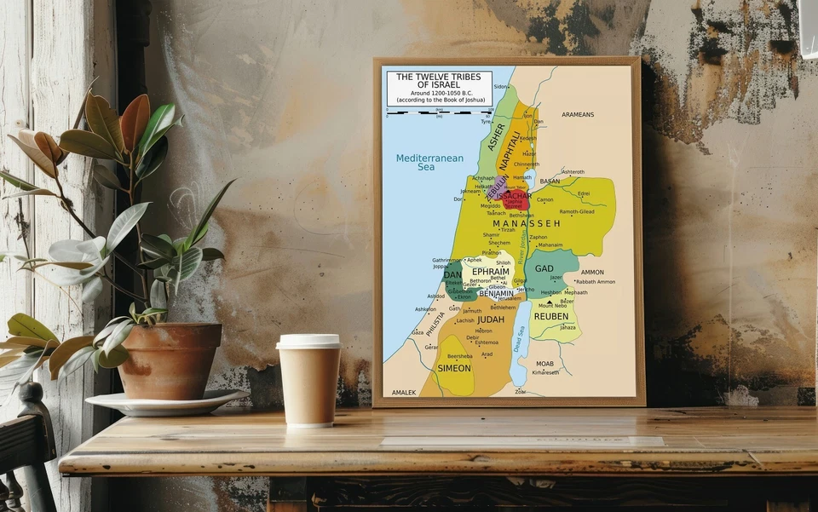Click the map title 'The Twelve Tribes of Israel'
439,81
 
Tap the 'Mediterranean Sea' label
429,163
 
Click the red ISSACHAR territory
516,200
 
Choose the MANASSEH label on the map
527,223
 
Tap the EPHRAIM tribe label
491,272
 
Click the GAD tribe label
544,269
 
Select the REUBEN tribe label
550,317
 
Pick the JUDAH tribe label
490,319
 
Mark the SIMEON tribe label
453,369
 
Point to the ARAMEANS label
578,114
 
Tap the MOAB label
544,364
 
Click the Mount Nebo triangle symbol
549,301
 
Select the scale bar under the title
439,112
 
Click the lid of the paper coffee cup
308,341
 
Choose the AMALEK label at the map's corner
403,393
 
